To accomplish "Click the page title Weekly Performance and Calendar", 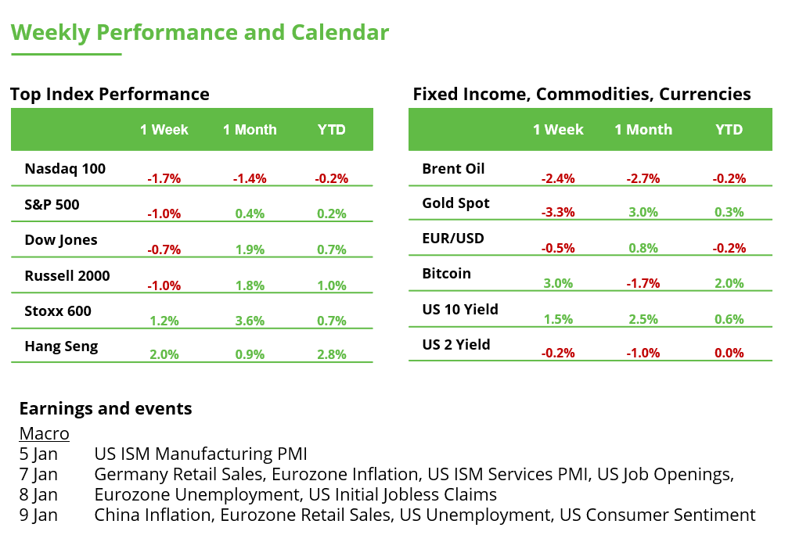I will click(x=200, y=33).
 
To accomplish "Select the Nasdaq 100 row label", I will click(x=65, y=169).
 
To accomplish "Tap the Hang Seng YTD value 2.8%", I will click(x=331, y=354).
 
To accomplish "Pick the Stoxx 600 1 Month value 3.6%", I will click(x=250, y=320).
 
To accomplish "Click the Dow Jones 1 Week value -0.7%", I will click(x=164, y=249).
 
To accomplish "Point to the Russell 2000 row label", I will click(x=67, y=276).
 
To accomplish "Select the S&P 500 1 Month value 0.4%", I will click(x=250, y=214).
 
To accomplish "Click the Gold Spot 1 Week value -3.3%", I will click(x=558, y=212).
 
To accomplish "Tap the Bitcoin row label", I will click(x=446, y=274).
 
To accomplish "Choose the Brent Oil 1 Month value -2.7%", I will click(x=643, y=178).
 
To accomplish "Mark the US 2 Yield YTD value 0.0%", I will click(x=729, y=353).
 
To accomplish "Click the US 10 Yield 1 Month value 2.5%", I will click(x=643, y=318).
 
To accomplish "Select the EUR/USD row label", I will click(x=453, y=239).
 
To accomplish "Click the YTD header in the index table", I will click(x=331, y=130).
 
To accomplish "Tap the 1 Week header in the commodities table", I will click(x=558, y=130).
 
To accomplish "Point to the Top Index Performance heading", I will click(x=110, y=95).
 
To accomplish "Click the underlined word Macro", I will click(x=44, y=433).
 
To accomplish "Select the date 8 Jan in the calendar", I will click(x=38, y=494).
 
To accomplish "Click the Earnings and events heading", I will click(x=106, y=408).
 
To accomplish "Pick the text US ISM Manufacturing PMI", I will click(x=200, y=454).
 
